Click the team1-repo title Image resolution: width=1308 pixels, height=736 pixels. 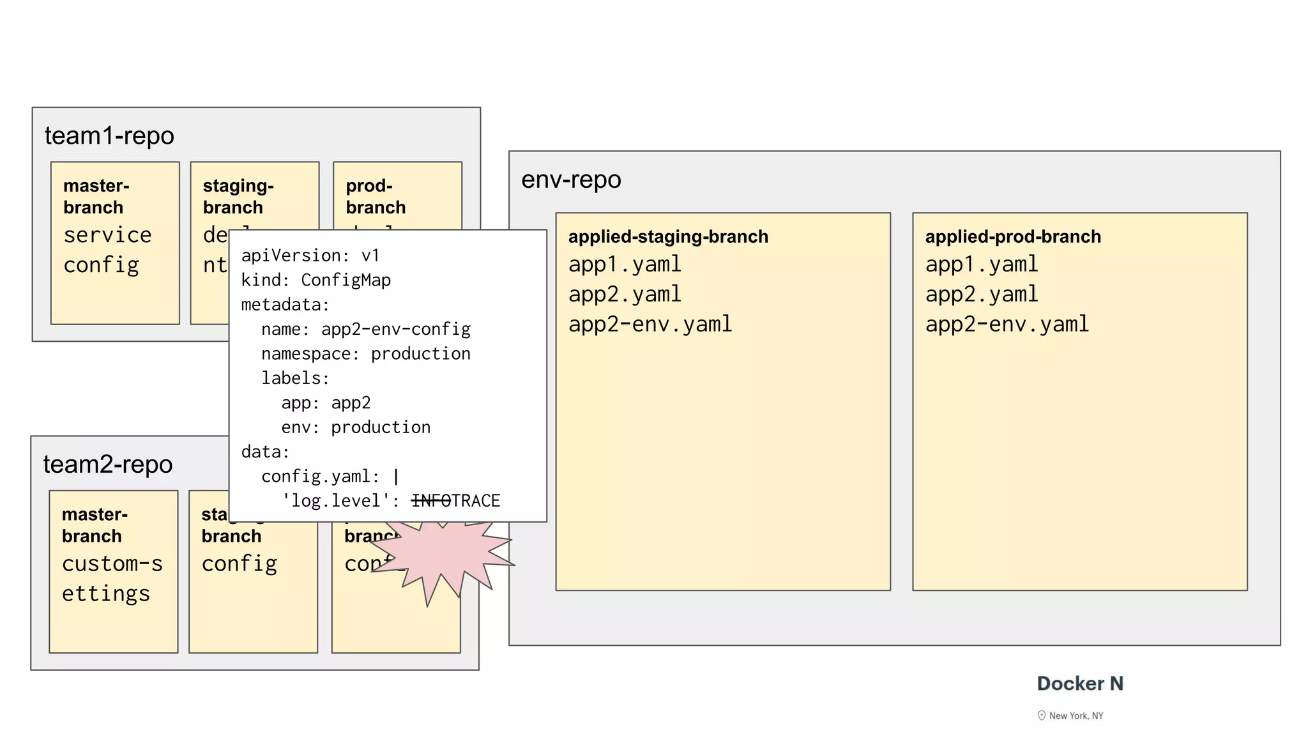click(109, 136)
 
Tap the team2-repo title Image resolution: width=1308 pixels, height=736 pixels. click(108, 464)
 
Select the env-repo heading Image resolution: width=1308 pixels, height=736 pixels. click(571, 180)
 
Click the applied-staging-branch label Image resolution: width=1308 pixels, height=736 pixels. click(668, 237)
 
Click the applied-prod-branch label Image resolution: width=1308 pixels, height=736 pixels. click(1013, 237)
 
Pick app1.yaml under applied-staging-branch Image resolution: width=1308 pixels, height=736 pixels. click(625, 264)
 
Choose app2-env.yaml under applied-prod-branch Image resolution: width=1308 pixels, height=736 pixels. click(1007, 325)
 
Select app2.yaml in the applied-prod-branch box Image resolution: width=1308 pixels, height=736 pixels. click(982, 295)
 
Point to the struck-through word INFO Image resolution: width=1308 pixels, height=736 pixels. click(431, 501)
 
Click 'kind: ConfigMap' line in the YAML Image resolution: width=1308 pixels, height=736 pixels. click(316, 280)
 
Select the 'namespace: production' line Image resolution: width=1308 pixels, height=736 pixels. click(365, 354)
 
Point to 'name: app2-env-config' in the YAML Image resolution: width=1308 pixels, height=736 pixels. click(365, 330)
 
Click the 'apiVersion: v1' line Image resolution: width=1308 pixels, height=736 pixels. click(310, 256)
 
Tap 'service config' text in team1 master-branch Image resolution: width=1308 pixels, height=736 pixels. click(107, 250)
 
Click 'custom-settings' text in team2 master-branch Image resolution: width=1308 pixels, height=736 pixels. click(112, 579)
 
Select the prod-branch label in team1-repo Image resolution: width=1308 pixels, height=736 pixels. click(376, 197)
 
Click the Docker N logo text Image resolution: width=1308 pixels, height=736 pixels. click(1079, 684)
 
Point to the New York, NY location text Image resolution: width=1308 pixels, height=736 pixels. click(1076, 716)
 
